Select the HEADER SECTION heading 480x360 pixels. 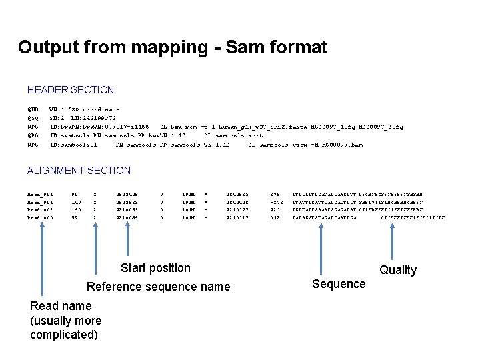(x=71, y=89)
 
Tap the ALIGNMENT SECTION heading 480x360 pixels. (x=79, y=171)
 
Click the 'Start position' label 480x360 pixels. (x=155, y=268)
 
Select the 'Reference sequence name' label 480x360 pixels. (x=159, y=287)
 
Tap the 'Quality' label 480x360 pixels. (x=398, y=270)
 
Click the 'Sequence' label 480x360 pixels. (x=339, y=284)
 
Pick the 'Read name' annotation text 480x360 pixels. (x=61, y=305)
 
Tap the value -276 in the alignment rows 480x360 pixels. (x=276, y=200)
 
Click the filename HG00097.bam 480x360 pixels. (x=339, y=144)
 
